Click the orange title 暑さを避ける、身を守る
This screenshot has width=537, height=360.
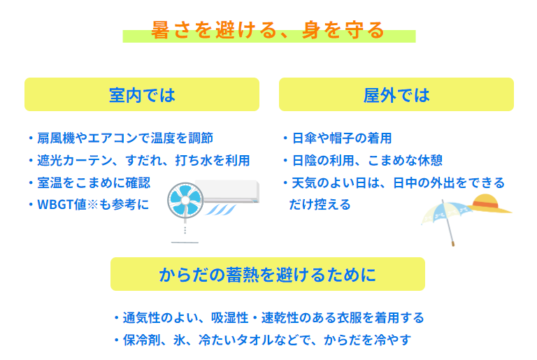click(x=268, y=30)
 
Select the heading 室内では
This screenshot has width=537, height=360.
click(x=142, y=95)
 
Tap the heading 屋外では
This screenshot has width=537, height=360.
click(x=396, y=95)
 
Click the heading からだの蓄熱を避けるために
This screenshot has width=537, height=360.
click(x=268, y=275)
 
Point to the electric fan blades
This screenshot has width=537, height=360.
click(x=185, y=201)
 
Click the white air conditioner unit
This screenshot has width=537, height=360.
click(x=227, y=191)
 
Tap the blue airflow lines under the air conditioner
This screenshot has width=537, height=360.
click(x=221, y=209)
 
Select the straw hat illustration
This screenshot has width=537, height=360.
click(x=489, y=204)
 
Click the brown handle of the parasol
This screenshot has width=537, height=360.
click(x=453, y=243)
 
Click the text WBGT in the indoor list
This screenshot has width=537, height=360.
click(x=57, y=205)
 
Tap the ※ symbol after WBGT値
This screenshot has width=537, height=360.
click(x=92, y=205)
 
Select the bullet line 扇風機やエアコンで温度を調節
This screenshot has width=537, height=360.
click(x=125, y=138)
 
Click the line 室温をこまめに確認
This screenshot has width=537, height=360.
click(x=94, y=182)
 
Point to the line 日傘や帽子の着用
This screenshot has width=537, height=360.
click(x=342, y=138)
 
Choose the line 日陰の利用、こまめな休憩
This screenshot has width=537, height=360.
click(x=367, y=160)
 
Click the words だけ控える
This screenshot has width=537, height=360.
click(x=320, y=205)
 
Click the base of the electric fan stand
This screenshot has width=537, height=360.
click(x=185, y=243)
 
